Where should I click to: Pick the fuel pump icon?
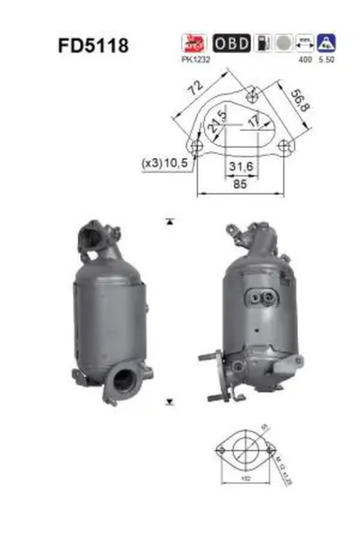(261, 43)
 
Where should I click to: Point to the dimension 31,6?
(240, 166)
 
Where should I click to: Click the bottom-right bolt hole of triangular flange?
(285, 146)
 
